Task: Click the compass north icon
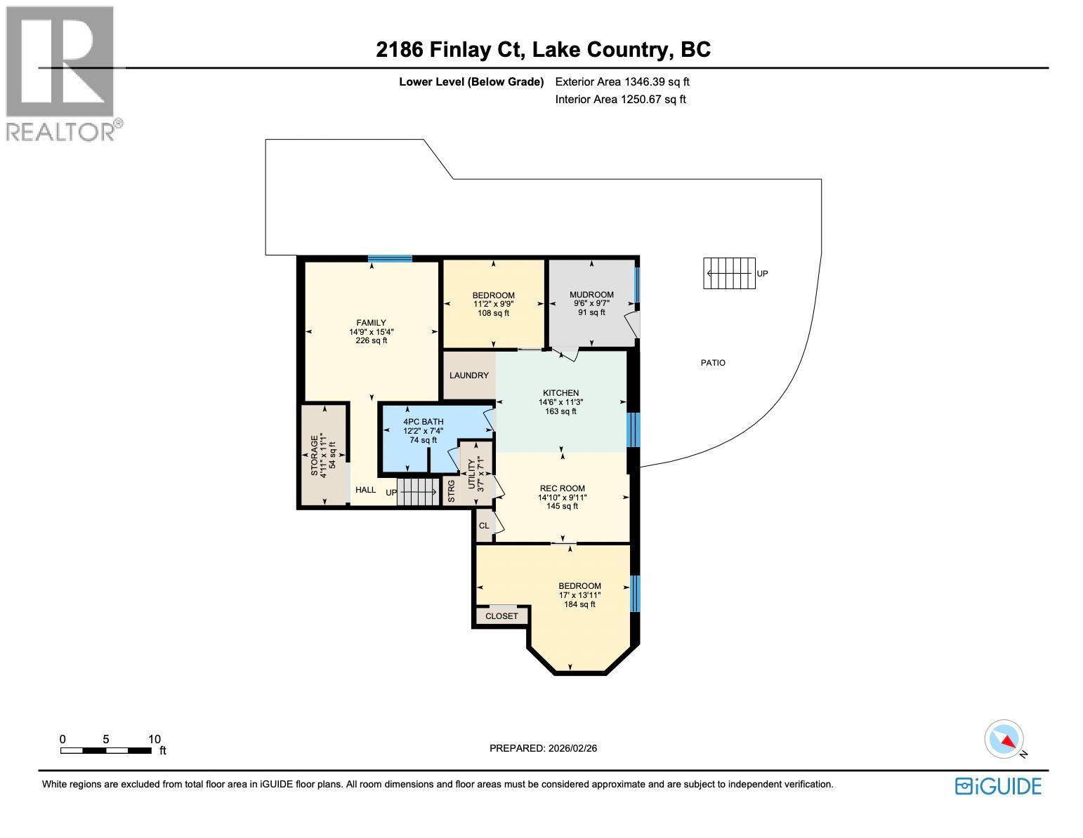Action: click(1004, 739)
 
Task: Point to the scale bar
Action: click(105, 750)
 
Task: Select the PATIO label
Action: click(713, 363)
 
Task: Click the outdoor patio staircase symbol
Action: click(729, 273)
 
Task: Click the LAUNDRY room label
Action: click(469, 375)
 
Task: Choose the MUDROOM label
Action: click(591, 295)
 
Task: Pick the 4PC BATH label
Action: click(423, 422)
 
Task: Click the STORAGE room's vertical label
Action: click(315, 455)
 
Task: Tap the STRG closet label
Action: click(452, 491)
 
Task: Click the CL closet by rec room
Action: click(484, 526)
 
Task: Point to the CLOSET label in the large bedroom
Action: click(501, 616)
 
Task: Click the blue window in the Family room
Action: click(390, 259)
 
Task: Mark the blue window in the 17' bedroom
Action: click(635, 593)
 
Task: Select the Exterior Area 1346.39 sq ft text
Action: click(622, 82)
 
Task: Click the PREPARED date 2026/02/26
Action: click(543, 748)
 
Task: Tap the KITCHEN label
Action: click(560, 393)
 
